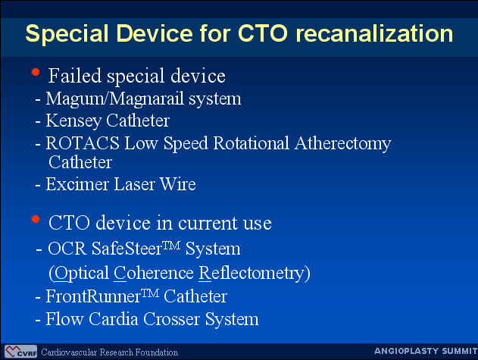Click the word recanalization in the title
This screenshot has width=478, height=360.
(x=374, y=33)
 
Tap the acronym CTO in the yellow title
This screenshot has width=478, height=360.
(x=262, y=33)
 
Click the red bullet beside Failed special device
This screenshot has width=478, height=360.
(x=36, y=72)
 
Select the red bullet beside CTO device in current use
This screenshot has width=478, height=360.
(x=36, y=219)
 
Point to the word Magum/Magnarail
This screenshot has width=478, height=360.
(x=115, y=99)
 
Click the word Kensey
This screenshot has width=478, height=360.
(x=73, y=121)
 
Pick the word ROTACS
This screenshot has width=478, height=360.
(x=83, y=142)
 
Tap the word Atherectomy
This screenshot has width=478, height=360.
(x=342, y=144)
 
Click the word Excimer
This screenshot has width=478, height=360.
(x=77, y=184)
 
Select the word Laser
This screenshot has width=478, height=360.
(x=134, y=184)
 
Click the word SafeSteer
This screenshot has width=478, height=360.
(x=127, y=249)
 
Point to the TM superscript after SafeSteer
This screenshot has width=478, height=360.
(x=171, y=246)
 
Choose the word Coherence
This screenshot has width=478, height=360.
(x=154, y=272)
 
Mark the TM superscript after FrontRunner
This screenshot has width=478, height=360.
(x=150, y=293)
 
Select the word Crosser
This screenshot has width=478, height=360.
(x=172, y=319)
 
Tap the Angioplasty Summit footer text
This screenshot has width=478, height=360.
(x=426, y=351)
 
